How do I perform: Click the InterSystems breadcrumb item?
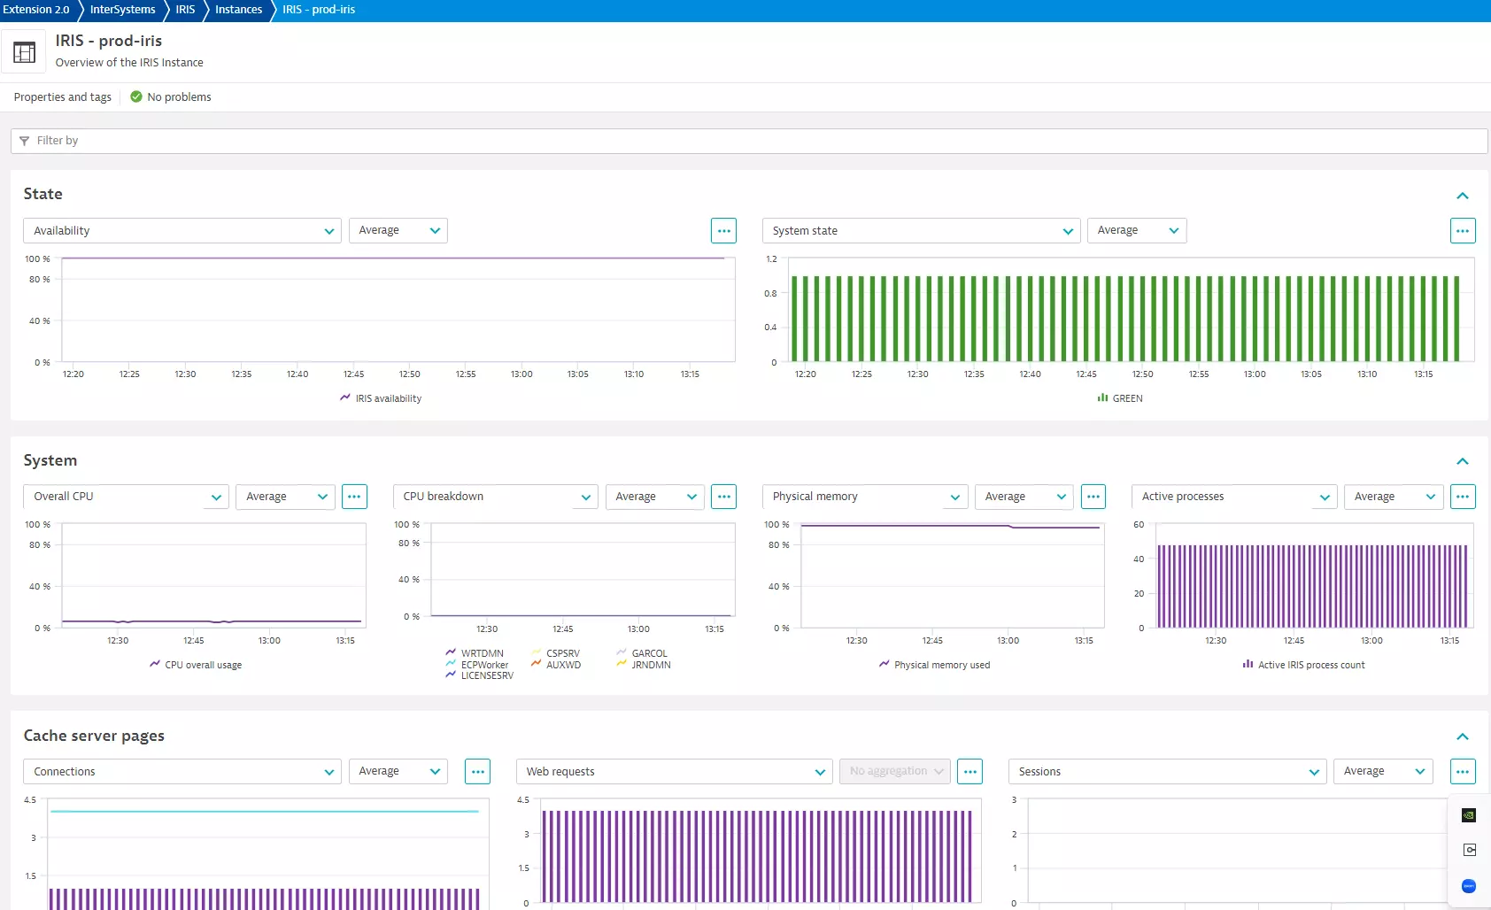pyautogui.click(x=122, y=10)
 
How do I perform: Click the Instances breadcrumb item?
pyautogui.click(x=238, y=10)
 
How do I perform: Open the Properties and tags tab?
pyautogui.click(x=63, y=97)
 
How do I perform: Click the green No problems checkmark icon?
pyautogui.click(x=136, y=97)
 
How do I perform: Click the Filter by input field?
pyautogui.click(x=748, y=141)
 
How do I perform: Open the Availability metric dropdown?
pyautogui.click(x=182, y=231)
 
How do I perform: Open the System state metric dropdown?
pyautogui.click(x=921, y=231)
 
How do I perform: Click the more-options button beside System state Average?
pyautogui.click(x=1462, y=231)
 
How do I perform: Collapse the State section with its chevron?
pyautogui.click(x=1462, y=196)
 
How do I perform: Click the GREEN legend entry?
pyautogui.click(x=1126, y=399)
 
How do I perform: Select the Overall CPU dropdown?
pyautogui.click(x=126, y=497)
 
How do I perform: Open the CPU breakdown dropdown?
pyautogui.click(x=495, y=497)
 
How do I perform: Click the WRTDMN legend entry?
pyautogui.click(x=481, y=653)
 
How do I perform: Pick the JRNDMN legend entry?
pyautogui.click(x=650, y=665)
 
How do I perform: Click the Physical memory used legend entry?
pyautogui.click(x=941, y=665)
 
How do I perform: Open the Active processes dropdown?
pyautogui.click(x=1233, y=497)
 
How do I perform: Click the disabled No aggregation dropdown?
pyautogui.click(x=894, y=772)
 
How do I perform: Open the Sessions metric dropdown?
pyautogui.click(x=1167, y=772)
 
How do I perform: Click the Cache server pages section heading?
pyautogui.click(x=94, y=736)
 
